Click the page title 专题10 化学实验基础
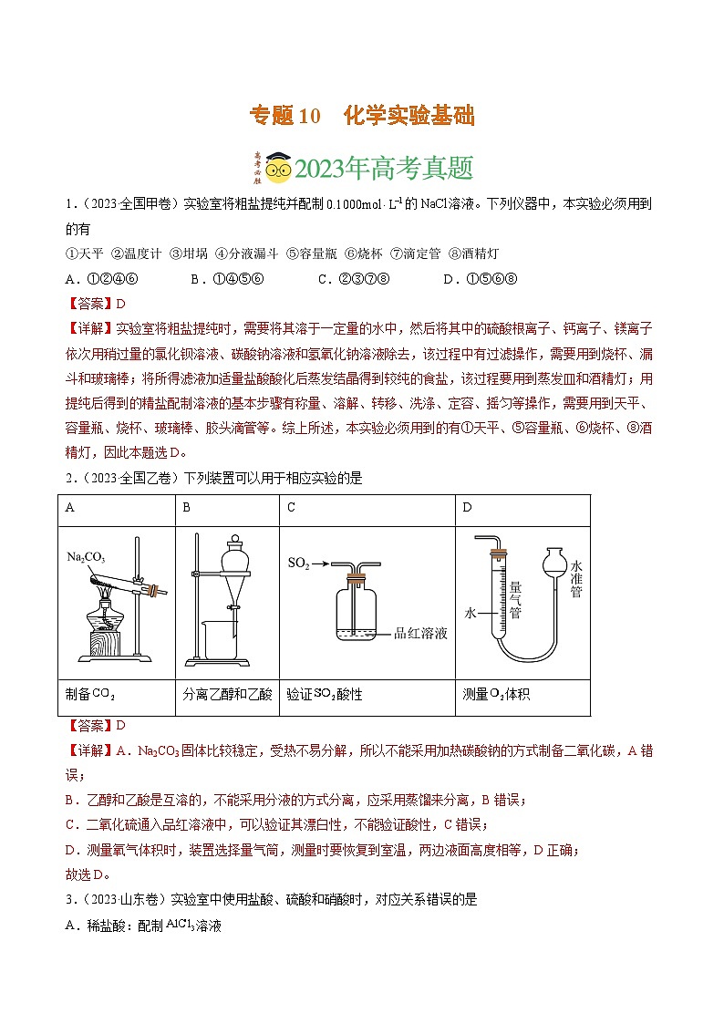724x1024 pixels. [x=362, y=116]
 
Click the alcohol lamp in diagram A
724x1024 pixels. [x=109, y=620]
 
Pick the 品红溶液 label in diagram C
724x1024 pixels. [x=420, y=633]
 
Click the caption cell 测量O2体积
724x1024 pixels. [x=496, y=694]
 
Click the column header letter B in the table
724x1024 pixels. [x=187, y=507]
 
